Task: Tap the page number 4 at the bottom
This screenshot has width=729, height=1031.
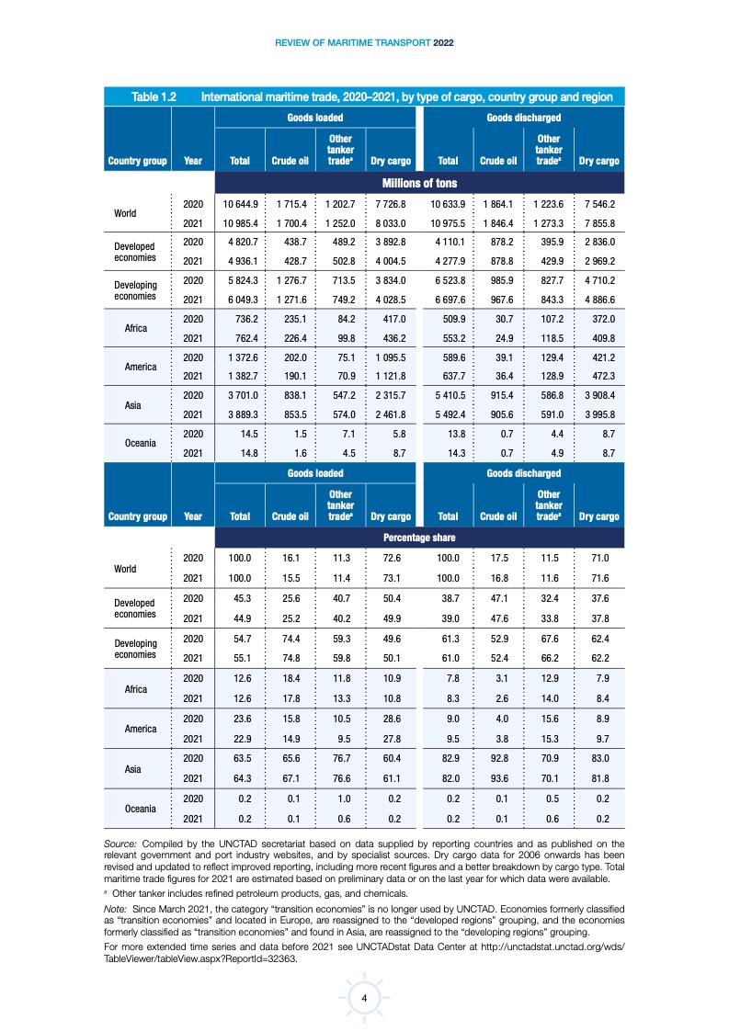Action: pos(364,998)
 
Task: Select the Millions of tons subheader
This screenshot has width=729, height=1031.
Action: pos(420,183)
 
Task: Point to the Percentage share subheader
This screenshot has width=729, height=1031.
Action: pos(420,537)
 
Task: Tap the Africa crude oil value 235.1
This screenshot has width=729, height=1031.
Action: pos(290,319)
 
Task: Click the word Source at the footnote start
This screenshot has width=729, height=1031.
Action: pos(122,843)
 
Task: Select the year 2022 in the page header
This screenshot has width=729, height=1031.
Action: pos(443,42)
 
